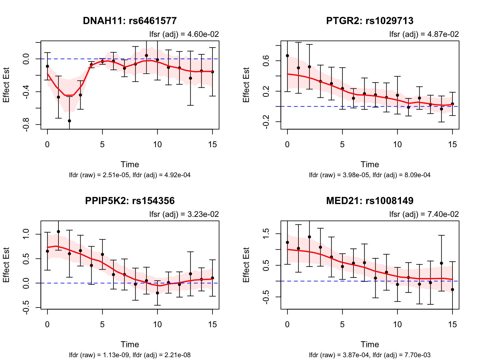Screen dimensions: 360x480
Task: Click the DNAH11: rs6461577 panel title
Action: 130,21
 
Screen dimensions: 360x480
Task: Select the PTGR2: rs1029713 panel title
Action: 370,21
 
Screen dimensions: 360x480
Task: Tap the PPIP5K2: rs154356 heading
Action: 130,201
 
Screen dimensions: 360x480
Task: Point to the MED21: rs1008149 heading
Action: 370,201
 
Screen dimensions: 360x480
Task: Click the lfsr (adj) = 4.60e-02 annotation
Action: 184,34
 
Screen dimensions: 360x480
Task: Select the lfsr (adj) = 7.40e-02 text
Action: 424,214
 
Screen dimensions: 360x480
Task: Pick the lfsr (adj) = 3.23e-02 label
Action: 184,214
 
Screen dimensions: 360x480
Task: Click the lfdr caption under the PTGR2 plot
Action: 370,175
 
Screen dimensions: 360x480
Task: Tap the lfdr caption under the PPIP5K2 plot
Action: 130,355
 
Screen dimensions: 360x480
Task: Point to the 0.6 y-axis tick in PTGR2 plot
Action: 266,61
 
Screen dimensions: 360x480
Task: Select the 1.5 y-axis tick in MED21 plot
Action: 266,234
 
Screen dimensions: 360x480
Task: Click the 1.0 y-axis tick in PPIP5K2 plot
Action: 26,234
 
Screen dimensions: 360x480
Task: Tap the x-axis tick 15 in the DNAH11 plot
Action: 212,144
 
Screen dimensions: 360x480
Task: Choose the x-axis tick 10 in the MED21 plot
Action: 397,324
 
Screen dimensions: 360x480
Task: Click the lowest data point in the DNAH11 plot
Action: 69,121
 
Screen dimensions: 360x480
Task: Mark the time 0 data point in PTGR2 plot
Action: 287,56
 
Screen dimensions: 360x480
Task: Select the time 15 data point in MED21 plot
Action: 452,290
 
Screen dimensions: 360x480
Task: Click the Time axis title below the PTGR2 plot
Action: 370,164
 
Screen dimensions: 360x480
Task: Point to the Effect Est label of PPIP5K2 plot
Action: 6,265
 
